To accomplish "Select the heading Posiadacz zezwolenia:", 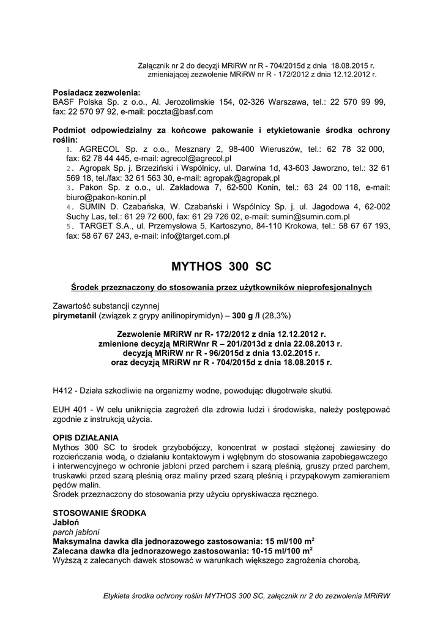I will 97,92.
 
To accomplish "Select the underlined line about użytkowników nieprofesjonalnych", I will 221,287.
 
